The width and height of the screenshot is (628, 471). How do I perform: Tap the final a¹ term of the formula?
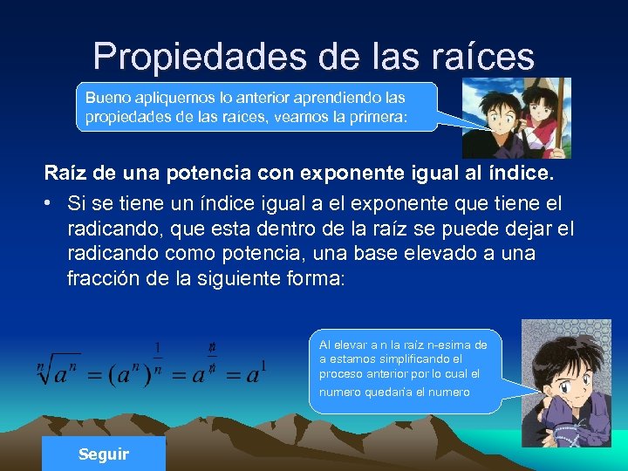[254, 374]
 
